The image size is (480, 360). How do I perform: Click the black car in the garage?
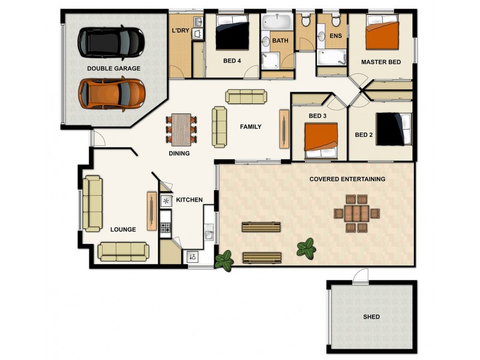[x=111, y=42]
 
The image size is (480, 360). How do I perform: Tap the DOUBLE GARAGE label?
[x=113, y=68]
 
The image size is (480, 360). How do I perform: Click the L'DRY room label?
[x=181, y=31]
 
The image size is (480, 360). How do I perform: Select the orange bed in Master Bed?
[x=382, y=35]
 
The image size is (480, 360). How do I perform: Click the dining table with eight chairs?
[x=181, y=130]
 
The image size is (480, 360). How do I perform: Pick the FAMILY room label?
[x=250, y=127]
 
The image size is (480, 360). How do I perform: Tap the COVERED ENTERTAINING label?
[x=347, y=179]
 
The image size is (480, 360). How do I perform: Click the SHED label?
[x=371, y=317]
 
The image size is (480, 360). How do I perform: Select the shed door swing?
[x=361, y=276]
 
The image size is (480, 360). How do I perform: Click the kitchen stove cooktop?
[x=166, y=227]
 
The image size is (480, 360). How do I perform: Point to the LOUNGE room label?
[x=123, y=229]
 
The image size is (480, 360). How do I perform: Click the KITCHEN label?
[x=189, y=200]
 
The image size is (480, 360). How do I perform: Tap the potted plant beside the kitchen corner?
[x=224, y=260]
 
